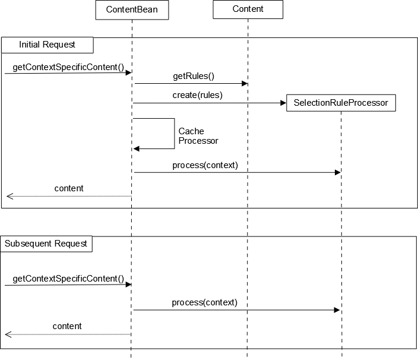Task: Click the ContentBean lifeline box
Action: pos(131,10)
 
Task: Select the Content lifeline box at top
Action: pos(248,10)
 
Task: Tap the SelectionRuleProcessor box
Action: pos(341,103)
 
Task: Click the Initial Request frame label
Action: pos(47,45)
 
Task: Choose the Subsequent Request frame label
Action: pos(46,244)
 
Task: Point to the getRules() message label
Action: pos(193,76)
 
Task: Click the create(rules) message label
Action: pos(197,95)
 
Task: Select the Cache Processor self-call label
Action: pos(198,136)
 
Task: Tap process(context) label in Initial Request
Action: pos(205,165)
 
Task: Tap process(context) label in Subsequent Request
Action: pos(204,302)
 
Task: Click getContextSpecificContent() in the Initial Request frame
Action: pos(68,67)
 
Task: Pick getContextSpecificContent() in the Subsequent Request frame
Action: pos(68,278)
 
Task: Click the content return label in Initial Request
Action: pos(69,188)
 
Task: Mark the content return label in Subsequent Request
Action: pos(67,326)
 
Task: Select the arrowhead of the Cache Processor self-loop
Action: pos(137,149)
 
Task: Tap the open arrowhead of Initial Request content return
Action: pos(9,196)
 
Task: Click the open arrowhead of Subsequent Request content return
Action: pos(8,334)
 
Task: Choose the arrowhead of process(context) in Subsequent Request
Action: pos(337,310)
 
